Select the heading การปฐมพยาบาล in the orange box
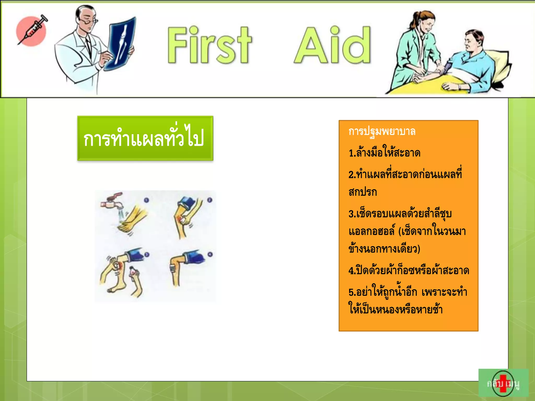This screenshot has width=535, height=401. pos(382,131)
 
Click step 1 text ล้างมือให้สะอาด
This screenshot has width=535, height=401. pos(385,153)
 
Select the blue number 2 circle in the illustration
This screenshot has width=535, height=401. pos(210,200)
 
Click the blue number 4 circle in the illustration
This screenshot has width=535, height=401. pos(210,254)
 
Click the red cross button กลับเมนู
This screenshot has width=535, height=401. pos(503,383)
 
